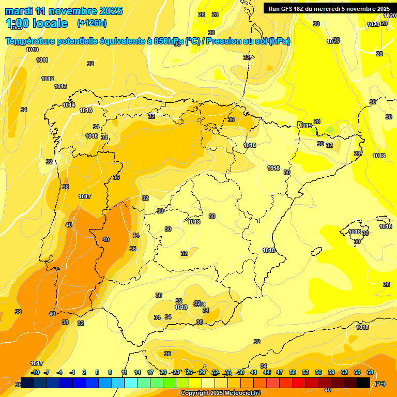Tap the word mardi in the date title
coord(19,11)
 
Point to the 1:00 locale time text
coord(36,23)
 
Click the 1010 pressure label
coord(32,50)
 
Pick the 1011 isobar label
coord(42,60)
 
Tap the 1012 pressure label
coord(48,79)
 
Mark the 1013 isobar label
coord(60,86)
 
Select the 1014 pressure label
coord(69,105)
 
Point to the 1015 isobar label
coord(86,110)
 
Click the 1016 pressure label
coord(91,136)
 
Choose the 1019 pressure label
coord(306,126)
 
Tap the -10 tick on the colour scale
coord(35,372)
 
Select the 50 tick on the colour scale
coord(293,372)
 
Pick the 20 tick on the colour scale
coord(163,372)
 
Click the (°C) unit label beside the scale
coord(379,384)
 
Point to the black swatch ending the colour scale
coord(363,383)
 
